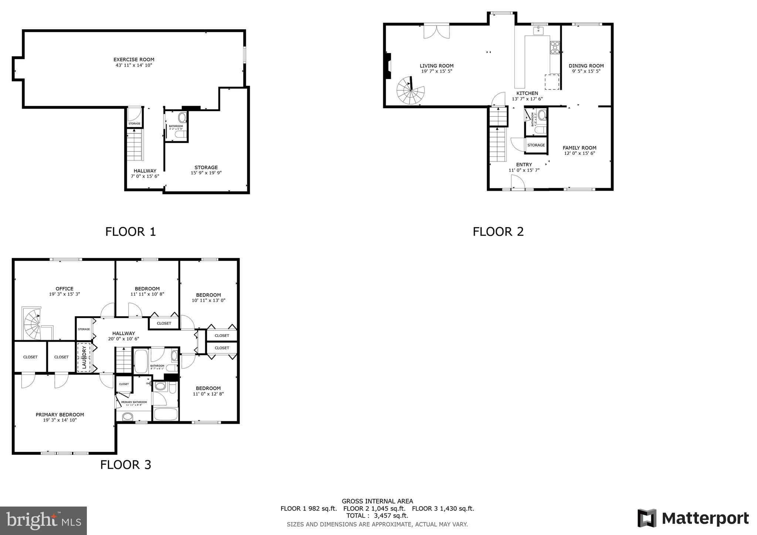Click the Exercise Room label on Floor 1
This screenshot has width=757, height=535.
tap(134, 59)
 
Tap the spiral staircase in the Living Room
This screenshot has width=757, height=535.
tap(410, 91)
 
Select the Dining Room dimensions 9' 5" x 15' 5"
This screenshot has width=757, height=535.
tap(586, 71)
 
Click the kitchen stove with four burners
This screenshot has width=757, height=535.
tap(555, 47)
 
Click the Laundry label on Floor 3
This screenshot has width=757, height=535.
tap(84, 357)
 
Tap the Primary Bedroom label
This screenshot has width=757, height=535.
tap(60, 415)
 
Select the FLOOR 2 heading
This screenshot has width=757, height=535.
tap(498, 232)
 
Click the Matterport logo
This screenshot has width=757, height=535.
tap(693, 518)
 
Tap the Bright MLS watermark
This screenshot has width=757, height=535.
tap(43, 521)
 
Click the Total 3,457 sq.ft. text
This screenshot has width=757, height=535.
tap(377, 515)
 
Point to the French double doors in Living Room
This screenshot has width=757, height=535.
tap(437, 31)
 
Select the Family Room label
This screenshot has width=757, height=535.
tap(579, 148)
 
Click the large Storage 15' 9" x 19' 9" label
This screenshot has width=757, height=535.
tap(206, 167)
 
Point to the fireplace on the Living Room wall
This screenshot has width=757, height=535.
tap(387, 66)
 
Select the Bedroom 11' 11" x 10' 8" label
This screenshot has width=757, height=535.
tap(147, 289)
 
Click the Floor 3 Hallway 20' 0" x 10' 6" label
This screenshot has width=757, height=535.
tap(124, 333)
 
